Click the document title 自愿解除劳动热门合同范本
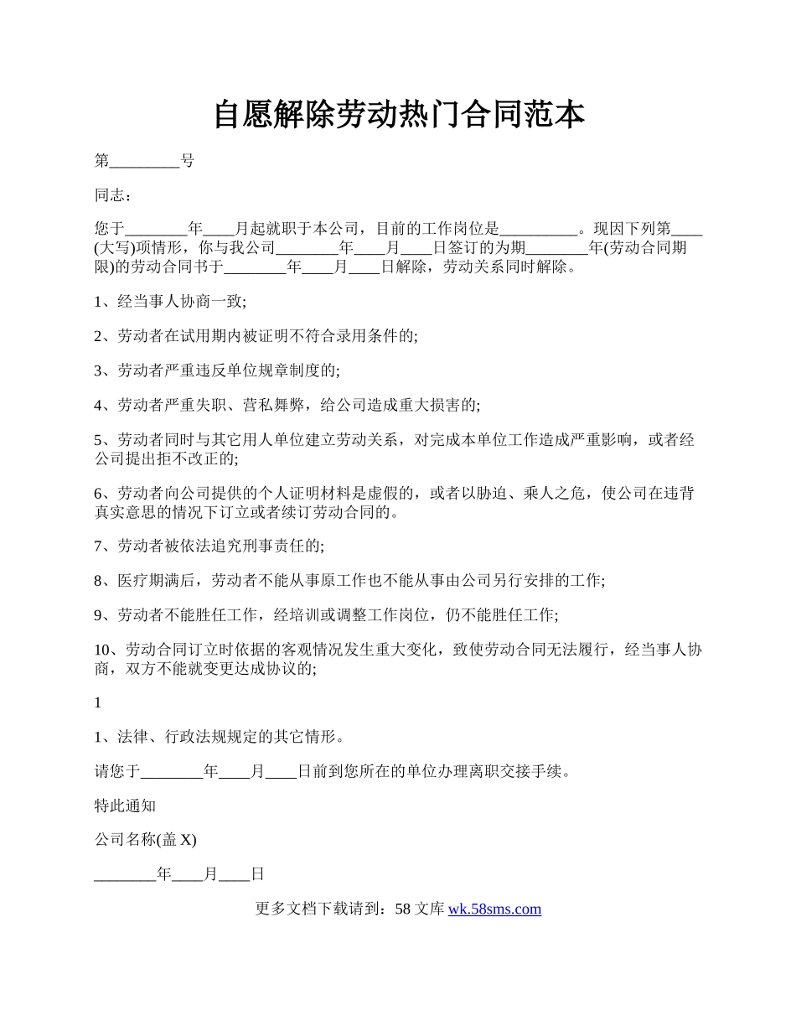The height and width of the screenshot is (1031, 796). [x=398, y=115]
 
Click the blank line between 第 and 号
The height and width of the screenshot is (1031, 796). [x=145, y=161]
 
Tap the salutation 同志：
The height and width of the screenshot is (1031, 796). [x=112, y=195]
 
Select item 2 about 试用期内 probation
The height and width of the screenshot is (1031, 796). [x=256, y=336]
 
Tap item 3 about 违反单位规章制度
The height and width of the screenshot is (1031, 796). [x=217, y=370]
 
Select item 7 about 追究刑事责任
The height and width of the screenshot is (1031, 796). [x=209, y=547]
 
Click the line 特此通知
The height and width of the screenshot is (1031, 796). [x=125, y=806]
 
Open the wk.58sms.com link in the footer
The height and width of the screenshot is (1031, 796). [x=494, y=909]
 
